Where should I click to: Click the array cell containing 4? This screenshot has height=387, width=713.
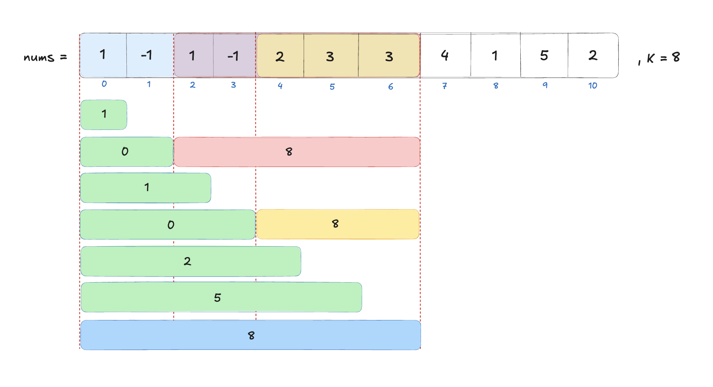(445, 55)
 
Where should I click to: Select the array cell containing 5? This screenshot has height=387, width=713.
(544, 55)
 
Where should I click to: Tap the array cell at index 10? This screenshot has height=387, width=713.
(593, 55)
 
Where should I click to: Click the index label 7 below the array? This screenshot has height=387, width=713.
(444, 86)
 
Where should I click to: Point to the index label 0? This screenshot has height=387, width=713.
(104, 84)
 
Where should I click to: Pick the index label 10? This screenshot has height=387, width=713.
(593, 86)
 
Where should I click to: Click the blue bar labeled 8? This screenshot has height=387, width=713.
(250, 335)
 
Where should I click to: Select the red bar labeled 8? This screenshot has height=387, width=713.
(297, 152)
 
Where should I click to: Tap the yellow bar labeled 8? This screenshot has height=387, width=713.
(337, 224)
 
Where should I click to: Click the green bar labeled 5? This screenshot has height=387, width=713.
(221, 297)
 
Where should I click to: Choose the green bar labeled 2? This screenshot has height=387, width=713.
(191, 261)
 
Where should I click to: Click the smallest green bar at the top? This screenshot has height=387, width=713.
(104, 114)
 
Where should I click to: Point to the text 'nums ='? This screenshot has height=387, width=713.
(45, 57)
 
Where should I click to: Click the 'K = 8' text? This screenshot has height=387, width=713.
(663, 57)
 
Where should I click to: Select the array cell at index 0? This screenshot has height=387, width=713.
(103, 55)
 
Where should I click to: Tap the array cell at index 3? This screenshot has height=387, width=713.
(234, 56)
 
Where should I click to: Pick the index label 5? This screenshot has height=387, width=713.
(332, 87)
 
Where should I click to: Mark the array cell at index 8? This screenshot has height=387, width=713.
(495, 55)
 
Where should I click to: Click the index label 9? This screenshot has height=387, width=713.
(545, 85)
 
